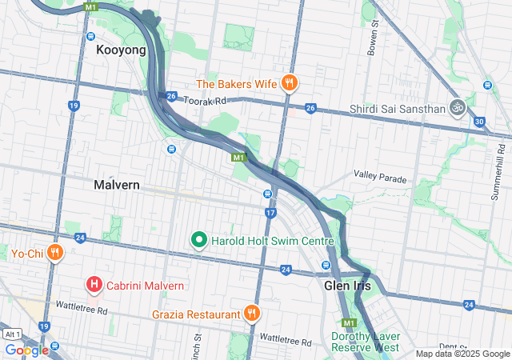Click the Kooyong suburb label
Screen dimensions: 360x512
(121, 50)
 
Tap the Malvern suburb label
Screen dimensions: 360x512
(117, 185)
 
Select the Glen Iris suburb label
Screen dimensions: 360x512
(347, 285)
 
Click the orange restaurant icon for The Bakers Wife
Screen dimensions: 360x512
(290, 82)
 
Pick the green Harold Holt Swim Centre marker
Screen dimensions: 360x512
(198, 239)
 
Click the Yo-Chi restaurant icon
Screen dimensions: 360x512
(54, 254)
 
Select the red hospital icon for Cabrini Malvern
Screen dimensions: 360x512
(94, 285)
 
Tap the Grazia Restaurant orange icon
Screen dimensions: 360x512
(252, 314)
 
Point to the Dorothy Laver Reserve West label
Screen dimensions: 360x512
(365, 342)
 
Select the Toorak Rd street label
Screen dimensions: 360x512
(206, 102)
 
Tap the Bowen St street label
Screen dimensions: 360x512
(373, 39)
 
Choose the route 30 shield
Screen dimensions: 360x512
(479, 122)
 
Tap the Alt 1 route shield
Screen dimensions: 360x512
(11, 334)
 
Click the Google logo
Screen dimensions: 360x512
(26, 350)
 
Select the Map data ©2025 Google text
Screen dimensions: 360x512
(462, 354)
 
